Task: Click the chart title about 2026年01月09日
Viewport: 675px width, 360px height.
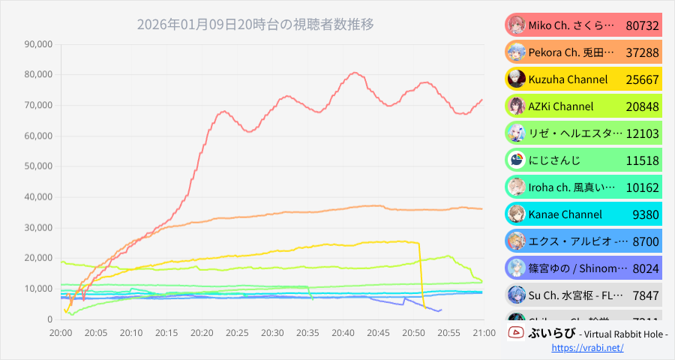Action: [x=255, y=24]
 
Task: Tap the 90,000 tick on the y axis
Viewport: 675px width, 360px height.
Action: [x=38, y=44]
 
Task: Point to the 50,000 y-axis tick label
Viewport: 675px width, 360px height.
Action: [x=38, y=166]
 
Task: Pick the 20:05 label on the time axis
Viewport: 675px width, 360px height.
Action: [x=96, y=332]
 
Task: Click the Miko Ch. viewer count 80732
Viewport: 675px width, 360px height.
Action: [x=642, y=25]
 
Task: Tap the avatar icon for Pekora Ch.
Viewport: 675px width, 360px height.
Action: [x=516, y=52]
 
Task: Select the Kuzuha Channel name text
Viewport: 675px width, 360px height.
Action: [x=568, y=79]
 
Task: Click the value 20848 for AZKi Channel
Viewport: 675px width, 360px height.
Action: [x=642, y=106]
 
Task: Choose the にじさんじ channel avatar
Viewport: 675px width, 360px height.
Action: [x=516, y=160]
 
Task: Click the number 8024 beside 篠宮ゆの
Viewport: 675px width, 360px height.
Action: [x=645, y=268]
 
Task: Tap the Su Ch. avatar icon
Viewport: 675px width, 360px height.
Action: [x=516, y=295]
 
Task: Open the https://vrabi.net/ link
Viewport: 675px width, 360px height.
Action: [x=588, y=349]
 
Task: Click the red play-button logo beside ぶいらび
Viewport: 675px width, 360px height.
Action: [x=515, y=332]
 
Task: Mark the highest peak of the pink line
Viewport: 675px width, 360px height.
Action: [x=354, y=73]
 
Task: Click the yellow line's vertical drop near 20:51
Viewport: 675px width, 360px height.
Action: [x=421, y=274]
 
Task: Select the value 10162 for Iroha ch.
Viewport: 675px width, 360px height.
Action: [x=642, y=187]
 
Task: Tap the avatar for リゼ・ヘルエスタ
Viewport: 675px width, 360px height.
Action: [x=516, y=133]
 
